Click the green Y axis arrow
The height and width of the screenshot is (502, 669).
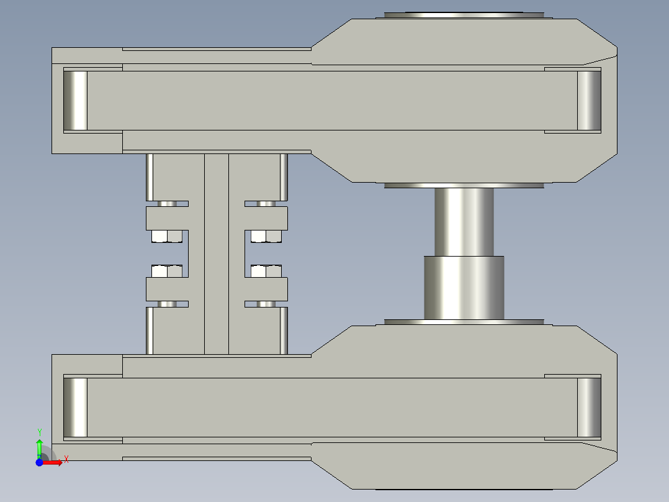[39, 446]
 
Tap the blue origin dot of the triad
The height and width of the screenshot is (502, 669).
[39, 462]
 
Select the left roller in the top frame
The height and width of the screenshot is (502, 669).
[76, 101]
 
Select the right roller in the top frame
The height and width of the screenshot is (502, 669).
[589, 101]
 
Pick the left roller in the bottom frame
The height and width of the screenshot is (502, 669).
[76, 407]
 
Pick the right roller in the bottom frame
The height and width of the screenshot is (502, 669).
[589, 407]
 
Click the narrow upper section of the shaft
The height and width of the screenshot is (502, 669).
[464, 221]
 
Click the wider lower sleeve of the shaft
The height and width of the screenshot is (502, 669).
[464, 287]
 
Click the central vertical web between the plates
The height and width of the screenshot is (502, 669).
[217, 253]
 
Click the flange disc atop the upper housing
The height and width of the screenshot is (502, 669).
[464, 15]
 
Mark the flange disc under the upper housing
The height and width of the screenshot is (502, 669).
[464, 185]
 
